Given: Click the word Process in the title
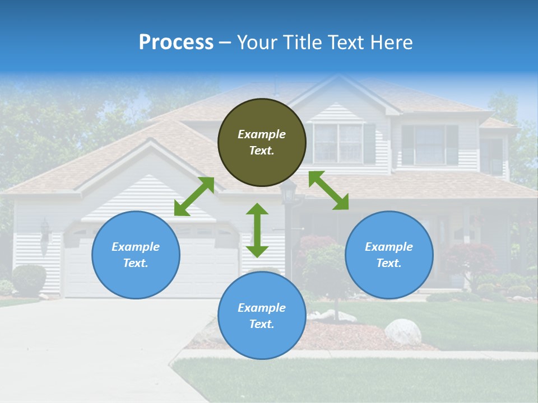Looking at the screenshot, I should (x=176, y=43).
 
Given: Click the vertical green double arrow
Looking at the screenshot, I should (x=257, y=230).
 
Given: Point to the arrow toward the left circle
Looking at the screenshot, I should (x=194, y=196).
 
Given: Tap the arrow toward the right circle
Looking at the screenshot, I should (x=328, y=190).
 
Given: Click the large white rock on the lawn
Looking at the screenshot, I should (x=402, y=331).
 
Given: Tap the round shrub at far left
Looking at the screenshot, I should (x=28, y=280).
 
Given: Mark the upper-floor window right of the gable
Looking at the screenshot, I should (x=429, y=144).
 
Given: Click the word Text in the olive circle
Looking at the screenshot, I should (x=262, y=151).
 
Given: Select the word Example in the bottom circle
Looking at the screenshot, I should (x=262, y=308).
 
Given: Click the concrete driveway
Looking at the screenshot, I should (x=84, y=347).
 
